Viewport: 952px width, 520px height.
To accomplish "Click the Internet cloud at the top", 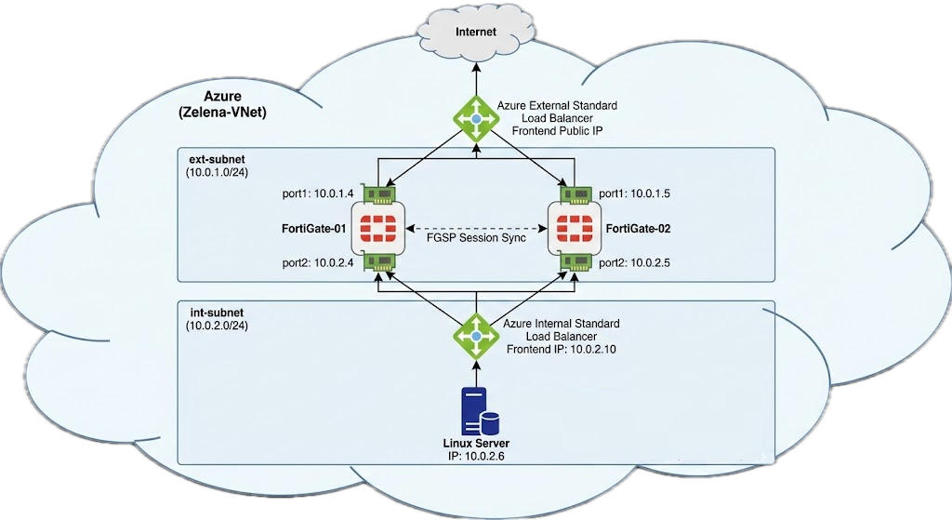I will tap(476, 33).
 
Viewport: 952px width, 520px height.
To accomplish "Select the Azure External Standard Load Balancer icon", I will tap(476, 120).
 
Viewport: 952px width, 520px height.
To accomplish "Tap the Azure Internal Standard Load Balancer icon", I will tap(476, 337).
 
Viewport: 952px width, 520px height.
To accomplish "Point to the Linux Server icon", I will tap(476, 412).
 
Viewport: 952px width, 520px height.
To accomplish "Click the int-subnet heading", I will tap(208, 313).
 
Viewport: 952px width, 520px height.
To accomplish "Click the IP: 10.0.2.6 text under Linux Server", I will tap(476, 457).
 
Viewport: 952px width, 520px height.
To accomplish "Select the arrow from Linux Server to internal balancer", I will tap(476, 373).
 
